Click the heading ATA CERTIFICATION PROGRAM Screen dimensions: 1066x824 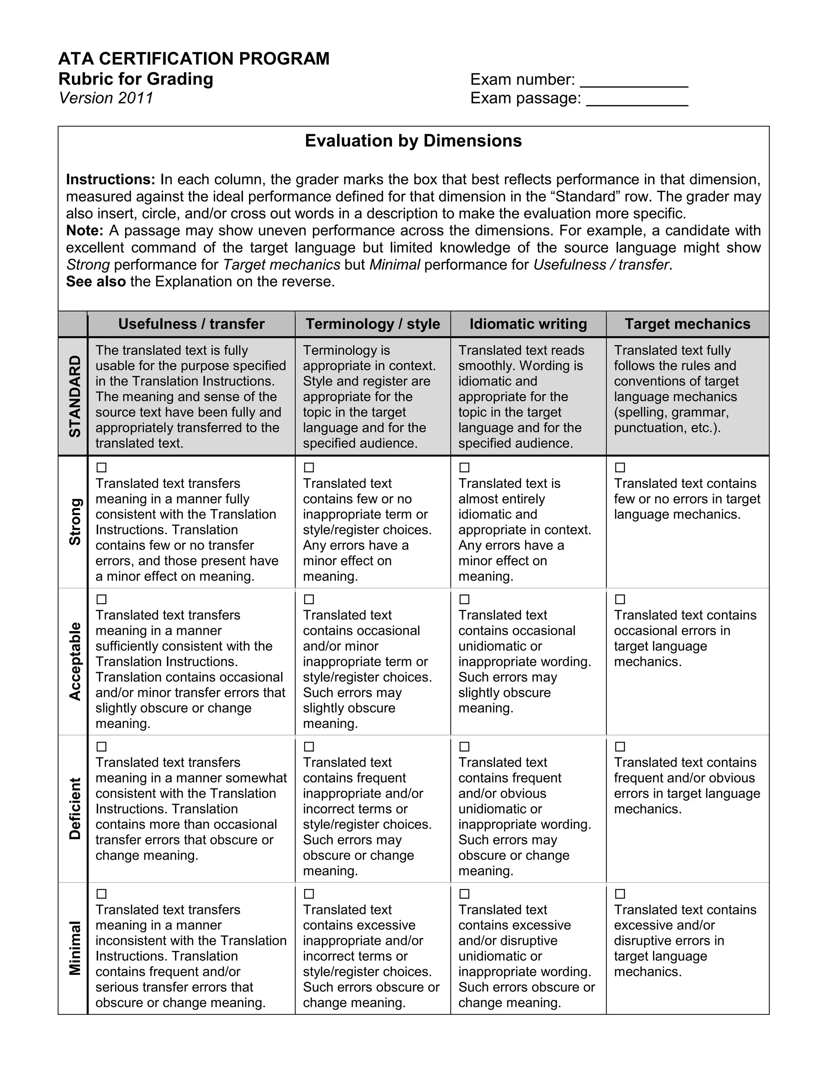194,59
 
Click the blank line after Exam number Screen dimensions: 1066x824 634,81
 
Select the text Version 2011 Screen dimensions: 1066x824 106,98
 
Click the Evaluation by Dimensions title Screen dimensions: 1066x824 413,140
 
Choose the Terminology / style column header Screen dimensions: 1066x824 373,324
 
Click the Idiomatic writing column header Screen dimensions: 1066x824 528,324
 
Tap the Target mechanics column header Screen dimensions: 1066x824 687,324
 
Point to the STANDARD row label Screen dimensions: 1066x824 74,396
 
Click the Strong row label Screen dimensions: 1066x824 74,522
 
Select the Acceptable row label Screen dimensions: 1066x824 74,661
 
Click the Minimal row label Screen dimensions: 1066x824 74,948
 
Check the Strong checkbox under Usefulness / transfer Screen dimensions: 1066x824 101,467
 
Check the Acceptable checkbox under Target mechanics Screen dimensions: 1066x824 620,599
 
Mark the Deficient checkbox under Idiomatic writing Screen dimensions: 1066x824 465,747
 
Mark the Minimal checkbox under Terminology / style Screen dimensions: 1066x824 309,894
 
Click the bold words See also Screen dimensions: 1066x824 96,282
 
